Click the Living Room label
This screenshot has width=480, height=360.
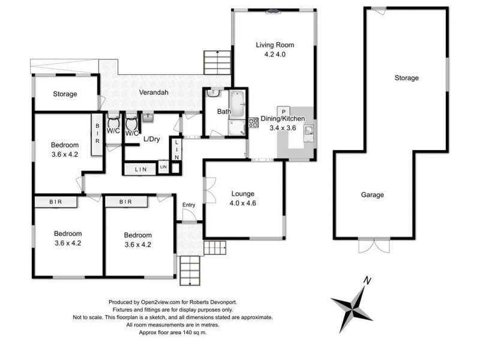click(275, 45)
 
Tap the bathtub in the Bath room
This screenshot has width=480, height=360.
click(236, 104)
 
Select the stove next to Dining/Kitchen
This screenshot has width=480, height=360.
click(253, 122)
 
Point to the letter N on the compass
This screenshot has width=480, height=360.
click(367, 280)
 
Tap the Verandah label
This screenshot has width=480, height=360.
click(154, 92)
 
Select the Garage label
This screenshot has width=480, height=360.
click(372, 194)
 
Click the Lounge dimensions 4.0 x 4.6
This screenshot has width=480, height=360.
click(243, 203)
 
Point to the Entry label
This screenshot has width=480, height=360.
click(188, 205)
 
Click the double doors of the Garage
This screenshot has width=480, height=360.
click(374, 245)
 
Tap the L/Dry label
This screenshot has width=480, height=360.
click(152, 139)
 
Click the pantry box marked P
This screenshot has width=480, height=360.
click(283, 112)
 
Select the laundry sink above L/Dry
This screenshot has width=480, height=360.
click(148, 117)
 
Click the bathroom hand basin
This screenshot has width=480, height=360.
click(213, 93)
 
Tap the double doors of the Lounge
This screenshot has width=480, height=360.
click(210, 190)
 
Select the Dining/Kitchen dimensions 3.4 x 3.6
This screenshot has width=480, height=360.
click(283, 128)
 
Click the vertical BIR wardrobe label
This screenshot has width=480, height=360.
click(97, 133)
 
